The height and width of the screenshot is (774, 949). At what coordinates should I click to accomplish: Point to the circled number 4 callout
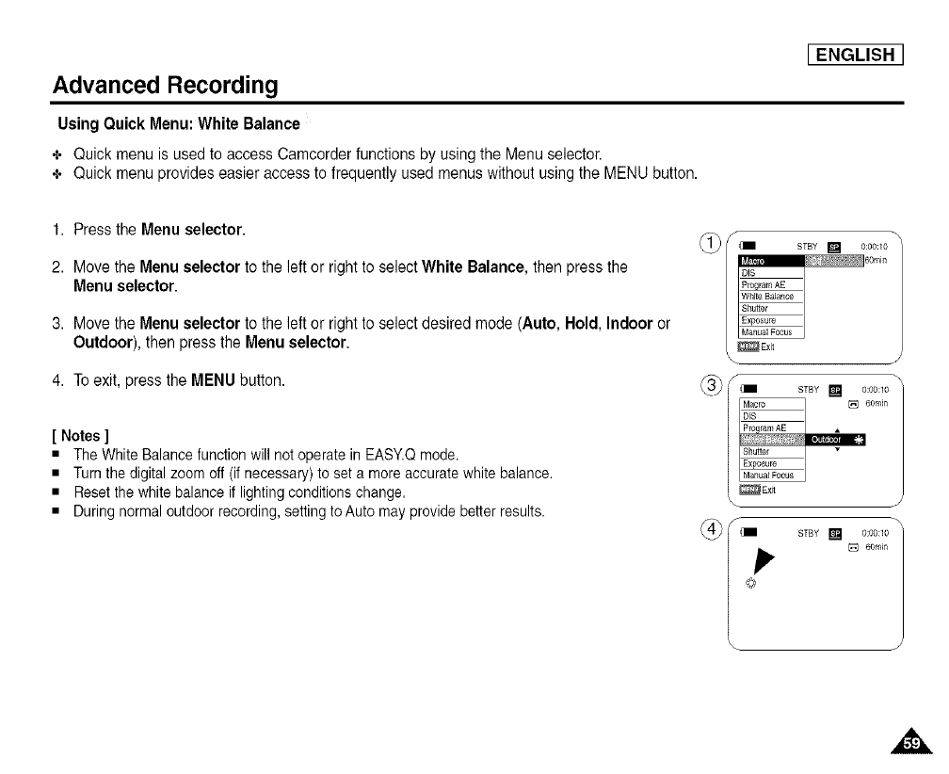click(x=715, y=526)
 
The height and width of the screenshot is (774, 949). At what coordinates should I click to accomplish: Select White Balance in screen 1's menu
click(x=767, y=297)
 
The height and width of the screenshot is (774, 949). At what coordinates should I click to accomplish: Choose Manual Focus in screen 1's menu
click(x=767, y=331)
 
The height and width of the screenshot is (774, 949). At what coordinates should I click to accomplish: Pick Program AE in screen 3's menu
click(x=767, y=427)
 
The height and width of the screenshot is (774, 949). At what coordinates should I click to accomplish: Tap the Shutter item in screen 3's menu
click(x=757, y=451)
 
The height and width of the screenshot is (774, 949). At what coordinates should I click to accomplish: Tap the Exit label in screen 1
click(x=767, y=346)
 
